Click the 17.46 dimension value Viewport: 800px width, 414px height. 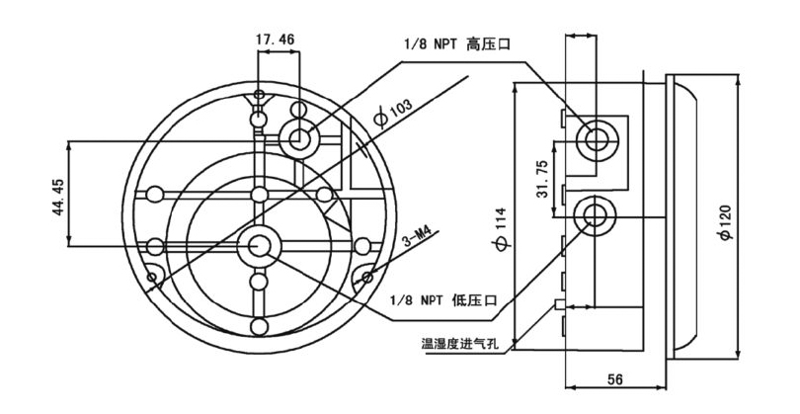tap(276, 40)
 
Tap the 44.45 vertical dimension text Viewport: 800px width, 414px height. tap(58, 194)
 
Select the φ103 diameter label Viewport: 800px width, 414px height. tap(393, 111)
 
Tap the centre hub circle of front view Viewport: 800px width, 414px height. tap(261, 244)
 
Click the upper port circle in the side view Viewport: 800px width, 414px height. tap(596, 139)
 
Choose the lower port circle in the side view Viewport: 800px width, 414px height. tap(595, 212)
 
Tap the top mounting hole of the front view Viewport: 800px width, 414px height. tap(259, 96)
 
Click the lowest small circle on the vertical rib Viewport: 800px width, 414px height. tap(260, 327)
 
